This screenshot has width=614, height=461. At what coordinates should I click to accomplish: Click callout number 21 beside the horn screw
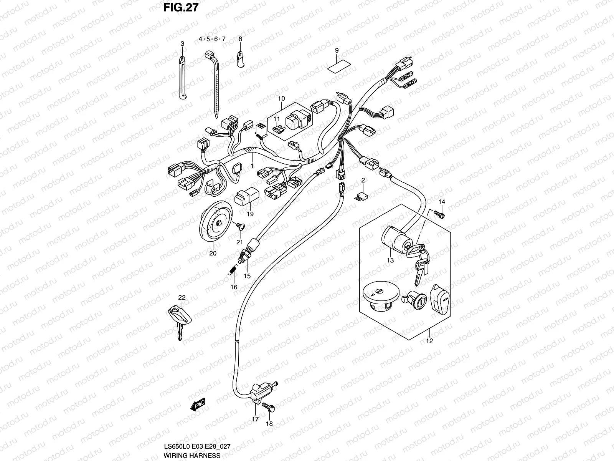(239, 242)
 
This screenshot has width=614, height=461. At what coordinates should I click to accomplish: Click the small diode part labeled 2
(361, 196)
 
